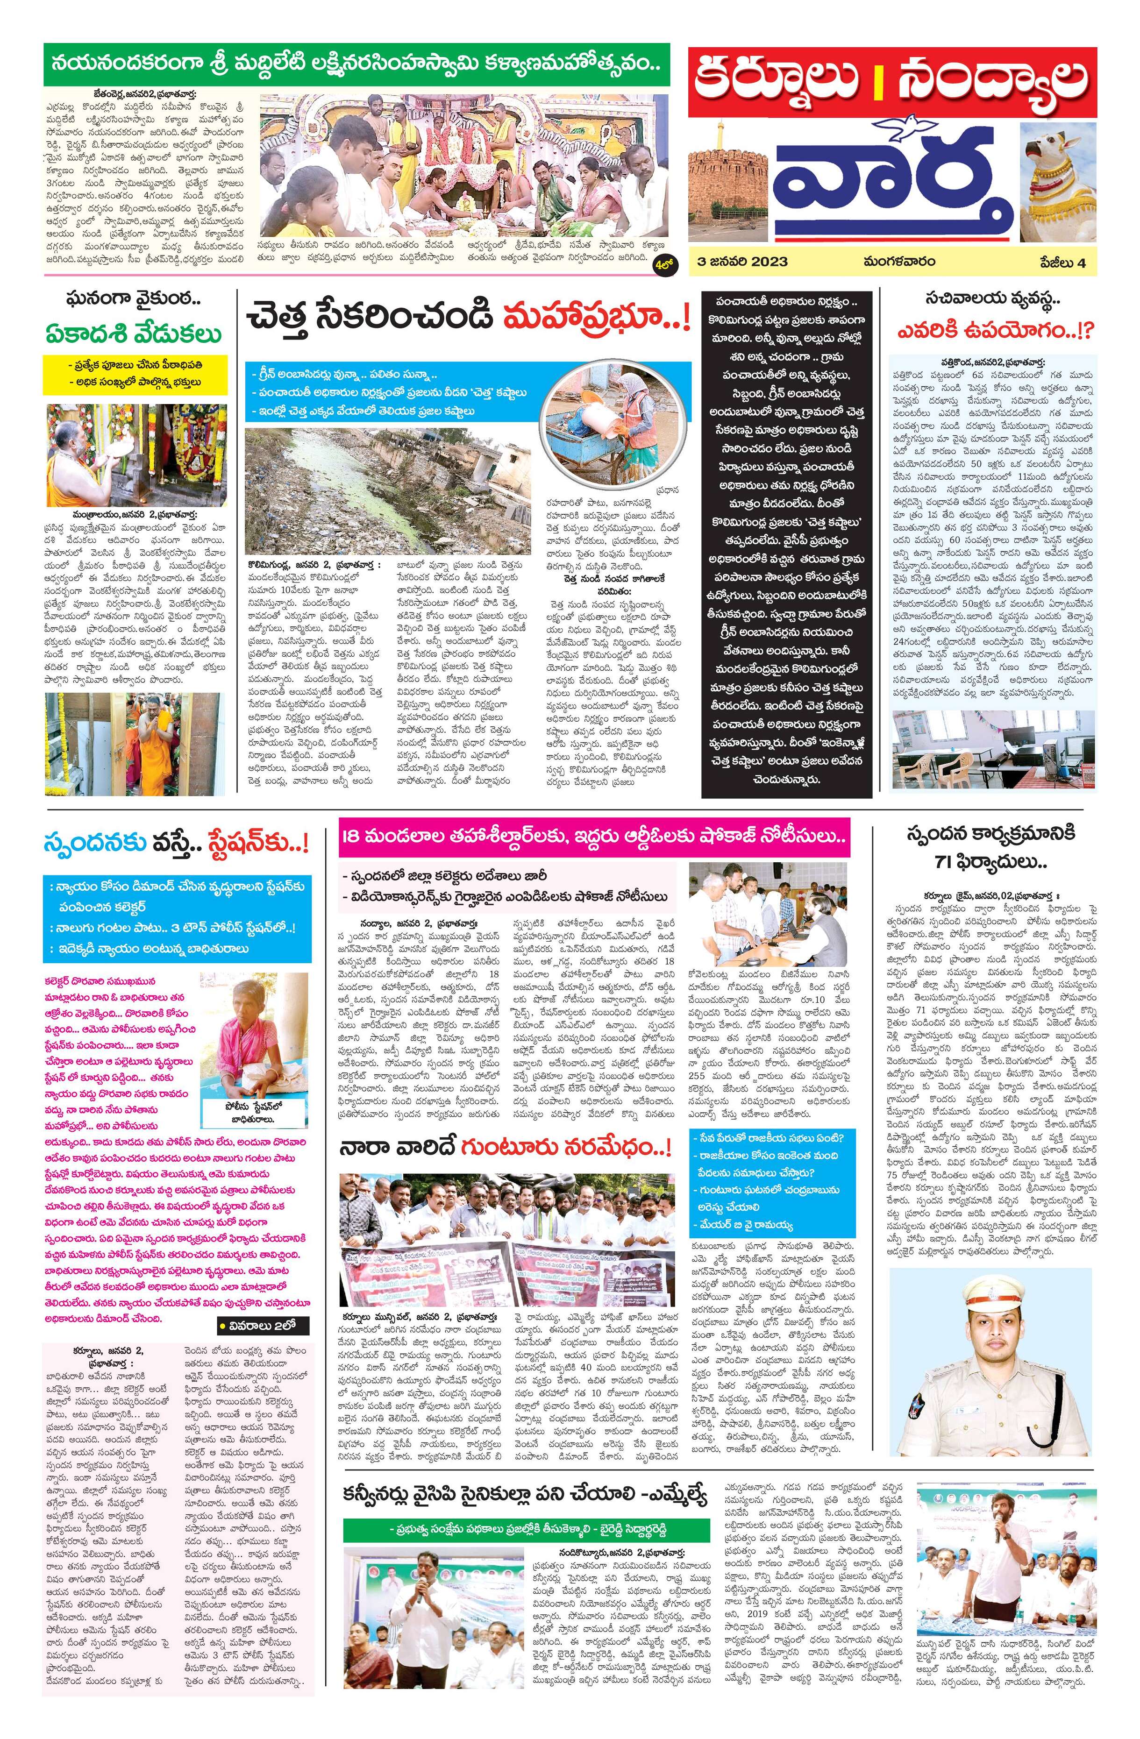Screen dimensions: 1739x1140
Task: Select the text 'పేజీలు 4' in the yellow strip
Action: [1068, 262]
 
